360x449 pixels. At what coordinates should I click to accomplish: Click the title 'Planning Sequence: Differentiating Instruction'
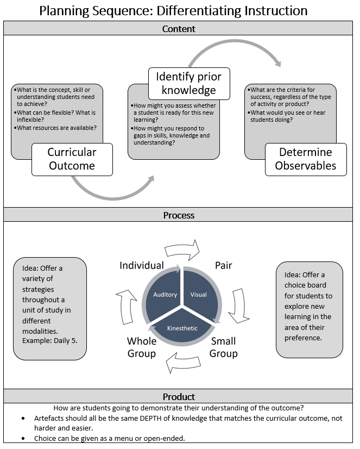[x=179, y=10]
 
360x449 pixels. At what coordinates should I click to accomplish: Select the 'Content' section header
[x=179, y=29]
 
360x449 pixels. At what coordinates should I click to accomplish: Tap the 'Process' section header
[x=179, y=215]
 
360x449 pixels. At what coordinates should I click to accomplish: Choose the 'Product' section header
[x=179, y=397]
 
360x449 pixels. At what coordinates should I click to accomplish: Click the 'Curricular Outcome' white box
[x=72, y=159]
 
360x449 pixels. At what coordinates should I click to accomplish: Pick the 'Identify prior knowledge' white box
[x=190, y=83]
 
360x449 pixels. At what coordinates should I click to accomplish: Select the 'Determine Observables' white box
[x=306, y=159]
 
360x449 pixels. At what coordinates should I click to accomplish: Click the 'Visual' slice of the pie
[x=199, y=295]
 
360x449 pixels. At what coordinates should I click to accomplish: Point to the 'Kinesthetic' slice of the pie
[x=182, y=328]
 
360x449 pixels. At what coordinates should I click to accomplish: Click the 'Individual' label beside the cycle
[x=142, y=265]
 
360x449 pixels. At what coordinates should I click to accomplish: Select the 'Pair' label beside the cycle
[x=223, y=265]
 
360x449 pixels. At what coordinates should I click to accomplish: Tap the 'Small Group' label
[x=224, y=347]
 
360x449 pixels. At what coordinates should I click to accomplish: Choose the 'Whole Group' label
[x=142, y=347]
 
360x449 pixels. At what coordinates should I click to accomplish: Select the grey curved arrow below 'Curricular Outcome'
[x=109, y=189]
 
